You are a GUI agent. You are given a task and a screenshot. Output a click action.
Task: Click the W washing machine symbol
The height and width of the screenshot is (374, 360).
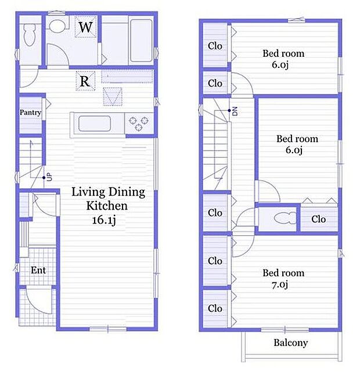click(x=86, y=27)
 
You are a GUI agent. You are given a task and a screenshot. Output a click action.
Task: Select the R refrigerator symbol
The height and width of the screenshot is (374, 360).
click(x=85, y=81)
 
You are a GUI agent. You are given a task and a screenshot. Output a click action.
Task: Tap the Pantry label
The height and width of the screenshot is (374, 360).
click(x=30, y=112)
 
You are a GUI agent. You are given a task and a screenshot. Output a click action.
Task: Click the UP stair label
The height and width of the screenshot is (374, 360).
click(x=49, y=177)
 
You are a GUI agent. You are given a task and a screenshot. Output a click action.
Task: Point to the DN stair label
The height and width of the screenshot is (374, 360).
click(x=235, y=111)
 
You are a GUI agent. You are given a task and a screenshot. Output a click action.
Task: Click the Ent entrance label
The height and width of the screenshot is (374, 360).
click(x=38, y=270)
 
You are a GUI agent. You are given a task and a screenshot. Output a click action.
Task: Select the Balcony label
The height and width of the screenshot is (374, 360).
click(x=291, y=343)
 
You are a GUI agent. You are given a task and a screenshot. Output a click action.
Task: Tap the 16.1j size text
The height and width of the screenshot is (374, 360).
click(x=104, y=220)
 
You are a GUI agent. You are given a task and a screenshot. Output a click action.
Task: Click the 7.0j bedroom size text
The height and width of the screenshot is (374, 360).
click(x=280, y=285)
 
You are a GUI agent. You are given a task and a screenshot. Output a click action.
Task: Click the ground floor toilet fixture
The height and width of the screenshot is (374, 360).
click(x=30, y=35)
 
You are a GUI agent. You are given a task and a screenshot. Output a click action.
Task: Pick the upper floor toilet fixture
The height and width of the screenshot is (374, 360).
click(x=285, y=218)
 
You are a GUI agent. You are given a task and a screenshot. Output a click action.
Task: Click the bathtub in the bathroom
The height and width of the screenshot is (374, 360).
click(x=141, y=40)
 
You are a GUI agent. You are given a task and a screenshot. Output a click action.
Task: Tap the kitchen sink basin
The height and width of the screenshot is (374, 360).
click(x=95, y=124)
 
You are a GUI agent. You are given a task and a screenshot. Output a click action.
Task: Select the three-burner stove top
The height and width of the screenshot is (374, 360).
click(x=139, y=124)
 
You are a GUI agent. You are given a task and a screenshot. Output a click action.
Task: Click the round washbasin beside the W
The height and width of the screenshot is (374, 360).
click(x=57, y=26)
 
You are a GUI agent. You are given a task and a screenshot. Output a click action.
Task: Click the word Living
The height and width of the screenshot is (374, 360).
click(x=88, y=192)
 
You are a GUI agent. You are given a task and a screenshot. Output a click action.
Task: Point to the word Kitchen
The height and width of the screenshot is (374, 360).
click(x=107, y=206)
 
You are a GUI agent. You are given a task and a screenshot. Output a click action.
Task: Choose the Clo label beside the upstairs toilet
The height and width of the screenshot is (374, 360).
click(x=319, y=219)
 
